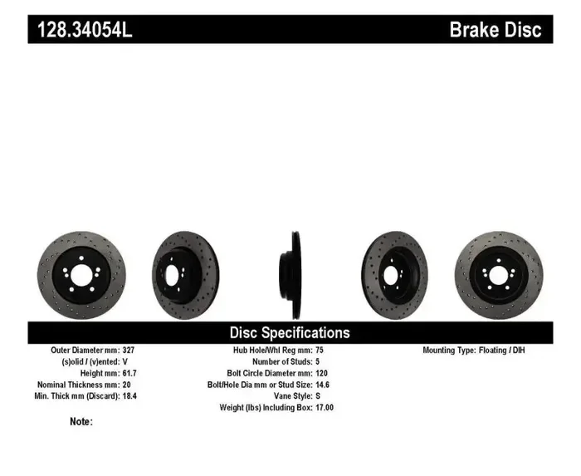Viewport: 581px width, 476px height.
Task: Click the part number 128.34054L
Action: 84,30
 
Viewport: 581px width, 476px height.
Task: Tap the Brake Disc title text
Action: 495,30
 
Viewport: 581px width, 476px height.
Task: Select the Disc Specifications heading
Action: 290,332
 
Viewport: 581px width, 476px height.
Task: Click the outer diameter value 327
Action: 128,351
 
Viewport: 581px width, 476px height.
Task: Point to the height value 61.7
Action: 129,374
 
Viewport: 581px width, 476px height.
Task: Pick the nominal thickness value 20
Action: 126,385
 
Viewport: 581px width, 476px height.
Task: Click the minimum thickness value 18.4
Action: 129,397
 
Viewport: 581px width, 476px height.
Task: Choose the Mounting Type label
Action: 448,351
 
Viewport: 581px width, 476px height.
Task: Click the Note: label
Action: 81,421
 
